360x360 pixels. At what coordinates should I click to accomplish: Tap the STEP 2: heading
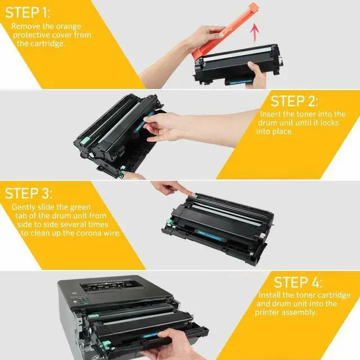[x=294, y=101]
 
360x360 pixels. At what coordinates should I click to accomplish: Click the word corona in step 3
[x=94, y=232]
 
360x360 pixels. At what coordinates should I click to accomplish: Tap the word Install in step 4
[x=271, y=295]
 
